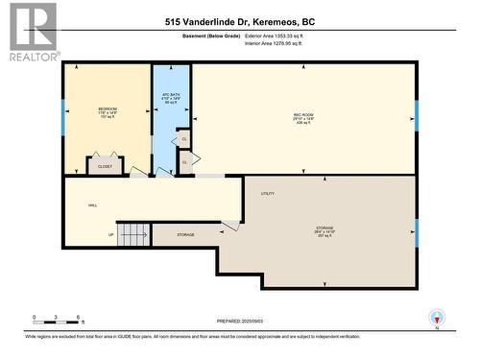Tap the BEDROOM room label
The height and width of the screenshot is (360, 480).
[108, 111]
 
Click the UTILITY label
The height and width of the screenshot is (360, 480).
[267, 193]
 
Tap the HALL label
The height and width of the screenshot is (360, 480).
[93, 205]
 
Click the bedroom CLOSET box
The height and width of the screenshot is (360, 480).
[105, 165]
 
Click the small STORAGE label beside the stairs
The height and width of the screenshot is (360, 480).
[185, 234]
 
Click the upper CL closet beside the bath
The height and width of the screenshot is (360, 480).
[184, 139]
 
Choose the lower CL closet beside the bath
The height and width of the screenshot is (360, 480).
[184, 161]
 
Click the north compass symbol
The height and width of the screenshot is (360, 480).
[439, 318]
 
